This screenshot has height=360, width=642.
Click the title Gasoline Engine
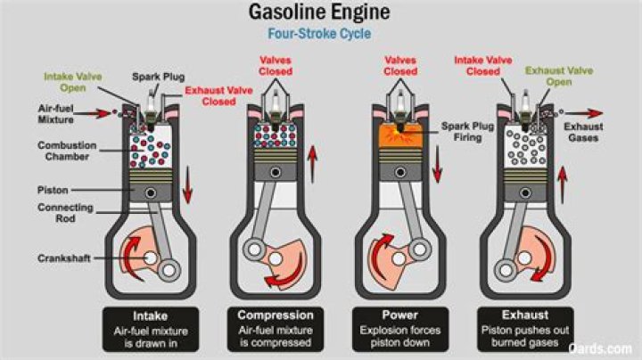pyautogui.click(x=321, y=14)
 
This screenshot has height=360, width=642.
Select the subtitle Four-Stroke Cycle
pyautogui.click(x=321, y=36)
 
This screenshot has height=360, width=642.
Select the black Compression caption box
pyautogui.click(x=276, y=326)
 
